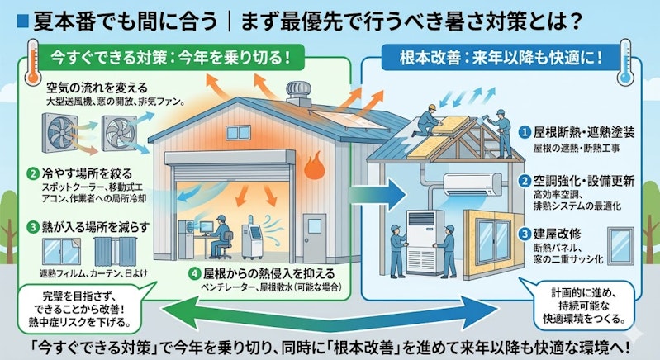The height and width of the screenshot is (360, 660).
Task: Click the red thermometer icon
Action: coord(32,62)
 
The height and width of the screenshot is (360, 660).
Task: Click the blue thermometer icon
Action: coord(625,63)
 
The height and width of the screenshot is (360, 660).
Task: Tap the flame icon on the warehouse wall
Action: coord(314,165)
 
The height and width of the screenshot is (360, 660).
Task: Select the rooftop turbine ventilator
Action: coord(298,93)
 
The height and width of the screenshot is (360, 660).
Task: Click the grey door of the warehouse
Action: coord(315,237)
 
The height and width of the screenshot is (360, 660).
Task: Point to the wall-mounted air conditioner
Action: coord(473,185)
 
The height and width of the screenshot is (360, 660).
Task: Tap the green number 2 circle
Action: coord(32,173)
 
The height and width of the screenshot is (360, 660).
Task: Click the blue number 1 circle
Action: coord(524,132)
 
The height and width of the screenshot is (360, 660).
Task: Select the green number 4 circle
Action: coord(194,274)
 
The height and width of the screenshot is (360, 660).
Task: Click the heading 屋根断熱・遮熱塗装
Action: coord(584,132)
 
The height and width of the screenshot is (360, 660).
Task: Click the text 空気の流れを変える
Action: coord(97,88)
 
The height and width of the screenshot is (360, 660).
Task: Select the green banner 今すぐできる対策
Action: coord(171,57)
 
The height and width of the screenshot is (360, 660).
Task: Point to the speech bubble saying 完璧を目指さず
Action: coord(80,309)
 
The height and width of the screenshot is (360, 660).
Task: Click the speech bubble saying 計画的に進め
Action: coord(583,306)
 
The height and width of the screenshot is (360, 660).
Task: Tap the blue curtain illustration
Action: coord(116,252)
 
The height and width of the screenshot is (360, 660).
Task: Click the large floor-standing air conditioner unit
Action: coord(425,242)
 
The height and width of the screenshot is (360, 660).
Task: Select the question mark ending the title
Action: coord(577,21)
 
